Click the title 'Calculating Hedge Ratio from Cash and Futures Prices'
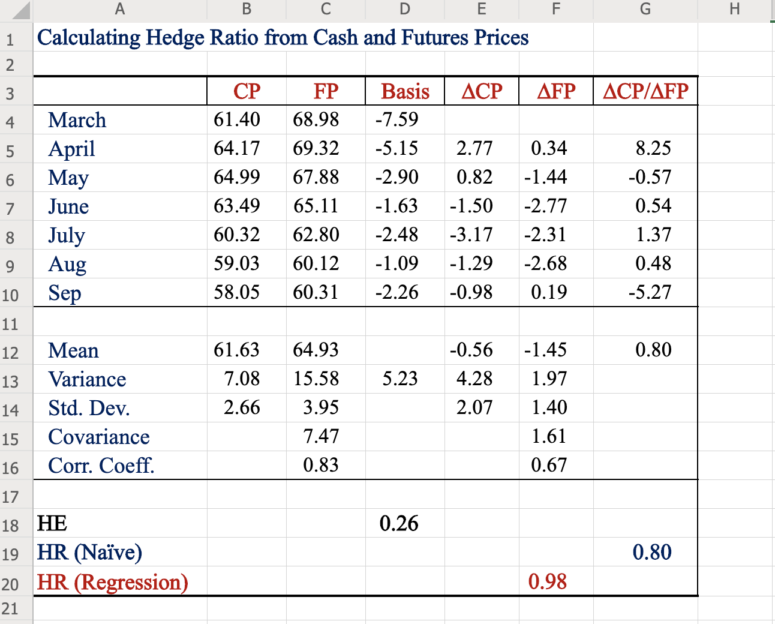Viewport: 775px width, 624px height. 283,38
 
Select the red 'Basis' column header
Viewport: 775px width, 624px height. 405,91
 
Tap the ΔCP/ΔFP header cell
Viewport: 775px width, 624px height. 645,91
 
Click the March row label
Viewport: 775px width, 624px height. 77,120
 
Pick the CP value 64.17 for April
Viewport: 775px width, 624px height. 237,148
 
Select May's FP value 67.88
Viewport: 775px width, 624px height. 316,177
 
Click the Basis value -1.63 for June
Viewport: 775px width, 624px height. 396,206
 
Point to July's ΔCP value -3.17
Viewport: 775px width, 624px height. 471,235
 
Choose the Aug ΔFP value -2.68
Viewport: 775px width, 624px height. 545,263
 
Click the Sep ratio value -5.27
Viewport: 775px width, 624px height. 650,292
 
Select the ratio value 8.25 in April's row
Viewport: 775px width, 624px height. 653,148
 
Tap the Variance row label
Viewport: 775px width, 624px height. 87,379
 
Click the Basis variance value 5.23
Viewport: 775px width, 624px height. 400,379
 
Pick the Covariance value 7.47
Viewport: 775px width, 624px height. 321,436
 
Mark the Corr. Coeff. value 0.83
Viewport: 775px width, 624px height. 321,465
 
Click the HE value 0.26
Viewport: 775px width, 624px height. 399,523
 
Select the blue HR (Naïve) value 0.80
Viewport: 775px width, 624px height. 652,552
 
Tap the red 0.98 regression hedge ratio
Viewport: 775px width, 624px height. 548,581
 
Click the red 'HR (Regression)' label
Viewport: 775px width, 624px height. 113,582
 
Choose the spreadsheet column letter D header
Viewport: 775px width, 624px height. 405,8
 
